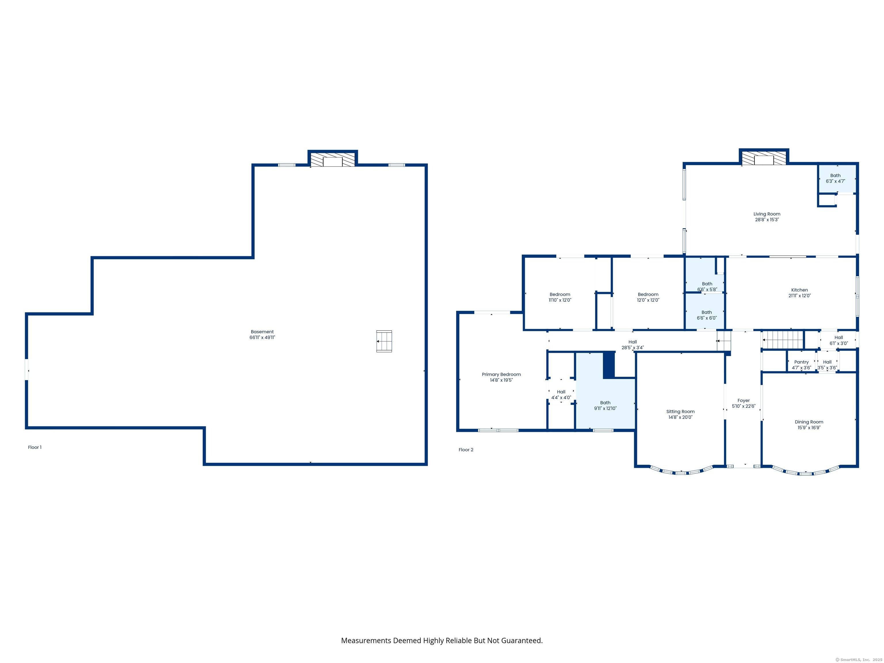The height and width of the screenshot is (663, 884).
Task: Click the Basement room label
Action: coord(262,332)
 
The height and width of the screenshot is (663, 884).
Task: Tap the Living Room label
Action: coord(767,214)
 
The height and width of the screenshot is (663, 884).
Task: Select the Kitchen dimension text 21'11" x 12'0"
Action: coord(799,296)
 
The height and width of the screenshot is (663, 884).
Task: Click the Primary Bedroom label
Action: coord(501,374)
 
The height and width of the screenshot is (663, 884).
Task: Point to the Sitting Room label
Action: coord(680,411)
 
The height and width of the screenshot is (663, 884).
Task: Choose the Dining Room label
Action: coord(809,422)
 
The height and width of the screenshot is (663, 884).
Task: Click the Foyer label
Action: coord(743,401)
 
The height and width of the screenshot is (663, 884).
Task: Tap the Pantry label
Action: coord(801,362)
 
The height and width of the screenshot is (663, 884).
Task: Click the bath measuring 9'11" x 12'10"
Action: coord(605,406)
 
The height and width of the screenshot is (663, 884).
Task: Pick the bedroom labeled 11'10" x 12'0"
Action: coord(559,297)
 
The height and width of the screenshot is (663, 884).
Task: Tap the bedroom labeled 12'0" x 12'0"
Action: coord(648,297)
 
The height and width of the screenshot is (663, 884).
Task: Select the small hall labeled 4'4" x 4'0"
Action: coord(561,395)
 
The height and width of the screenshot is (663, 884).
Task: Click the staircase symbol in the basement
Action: coord(384,341)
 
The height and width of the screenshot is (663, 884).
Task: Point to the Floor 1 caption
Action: coord(35,447)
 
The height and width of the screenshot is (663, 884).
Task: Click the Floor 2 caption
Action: coord(466,449)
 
